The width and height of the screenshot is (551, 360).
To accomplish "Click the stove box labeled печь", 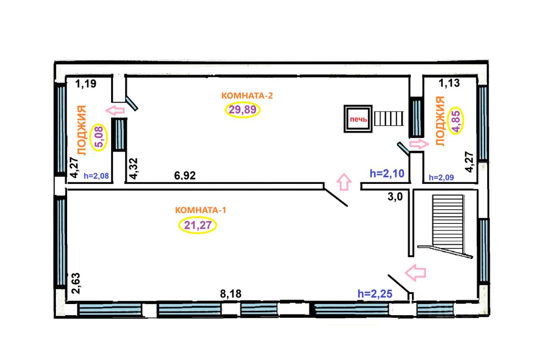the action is pos(358,119).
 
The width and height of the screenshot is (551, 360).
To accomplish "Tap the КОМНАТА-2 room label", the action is pos(247,96).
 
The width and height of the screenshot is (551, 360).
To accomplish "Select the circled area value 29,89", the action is pos(242,110).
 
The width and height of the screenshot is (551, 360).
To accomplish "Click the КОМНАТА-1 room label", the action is pos(201,210).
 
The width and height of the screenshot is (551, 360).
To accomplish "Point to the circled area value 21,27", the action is pos(198,225).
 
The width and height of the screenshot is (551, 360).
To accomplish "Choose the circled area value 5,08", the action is pos(99,137).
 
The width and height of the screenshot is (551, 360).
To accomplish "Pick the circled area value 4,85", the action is pos(456,121).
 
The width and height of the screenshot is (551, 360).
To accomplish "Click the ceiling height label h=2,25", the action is pos(375,294).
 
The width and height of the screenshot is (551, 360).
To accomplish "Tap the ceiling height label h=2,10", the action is pos(387,174).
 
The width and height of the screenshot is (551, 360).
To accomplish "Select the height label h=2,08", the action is pos(96,176).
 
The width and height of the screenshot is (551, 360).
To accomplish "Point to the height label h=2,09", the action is pos(441,177).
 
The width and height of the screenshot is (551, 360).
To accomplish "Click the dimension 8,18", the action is pos(231,294).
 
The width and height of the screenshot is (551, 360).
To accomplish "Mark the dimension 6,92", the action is pos(185,176).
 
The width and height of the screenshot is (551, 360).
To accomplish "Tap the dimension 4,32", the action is pos(134,168).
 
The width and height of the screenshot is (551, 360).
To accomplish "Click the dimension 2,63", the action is pos(76,283).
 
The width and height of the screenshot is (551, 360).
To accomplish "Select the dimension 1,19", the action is pos(86,84).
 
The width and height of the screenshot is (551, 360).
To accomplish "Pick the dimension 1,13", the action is pos(449,83).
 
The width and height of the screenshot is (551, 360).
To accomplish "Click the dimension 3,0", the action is pos(395,197).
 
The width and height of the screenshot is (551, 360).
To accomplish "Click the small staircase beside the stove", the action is pos(389,118).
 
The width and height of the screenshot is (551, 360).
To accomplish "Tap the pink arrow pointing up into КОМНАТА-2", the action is pos(344,182).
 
